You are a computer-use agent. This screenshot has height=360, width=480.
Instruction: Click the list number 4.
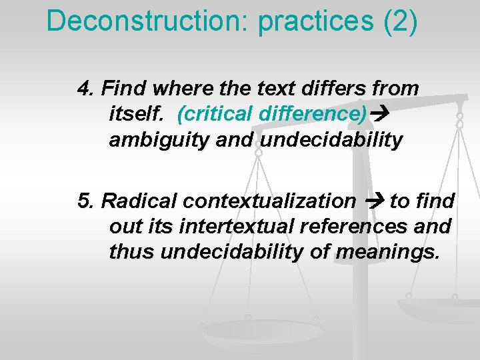point(86,88)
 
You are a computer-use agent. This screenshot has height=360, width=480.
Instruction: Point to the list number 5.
point(86,201)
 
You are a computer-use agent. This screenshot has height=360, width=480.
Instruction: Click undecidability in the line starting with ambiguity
point(331,140)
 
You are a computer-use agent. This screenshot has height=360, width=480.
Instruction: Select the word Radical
point(141,201)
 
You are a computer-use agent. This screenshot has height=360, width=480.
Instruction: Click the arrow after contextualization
point(373,201)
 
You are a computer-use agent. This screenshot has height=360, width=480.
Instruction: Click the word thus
point(131,253)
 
